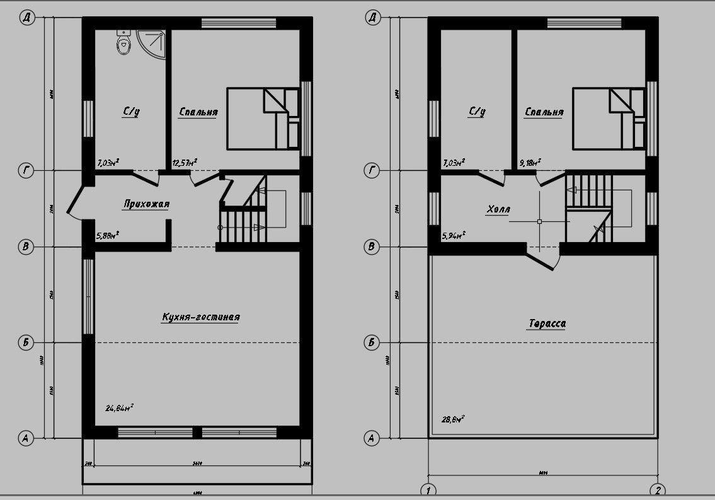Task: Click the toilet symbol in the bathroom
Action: (123, 42)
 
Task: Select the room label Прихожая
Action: (146, 204)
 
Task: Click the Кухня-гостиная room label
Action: (200, 317)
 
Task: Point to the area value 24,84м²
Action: (118, 408)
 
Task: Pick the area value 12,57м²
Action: (183, 163)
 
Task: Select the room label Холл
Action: (499, 209)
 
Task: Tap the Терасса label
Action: (546, 324)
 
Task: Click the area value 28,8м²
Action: (453, 418)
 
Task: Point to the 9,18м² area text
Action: (529, 163)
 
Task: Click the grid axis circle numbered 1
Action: (428, 491)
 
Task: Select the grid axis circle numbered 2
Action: (658, 491)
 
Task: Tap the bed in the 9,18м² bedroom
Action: (609, 119)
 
